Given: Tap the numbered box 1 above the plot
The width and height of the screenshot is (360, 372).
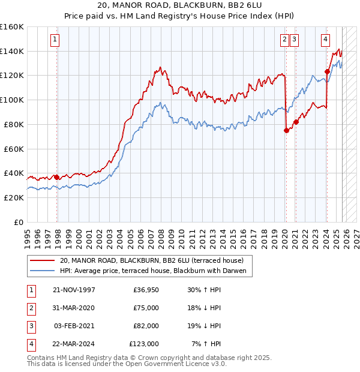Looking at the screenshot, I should [55, 40].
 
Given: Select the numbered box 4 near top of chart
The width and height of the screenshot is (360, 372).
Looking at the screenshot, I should [325, 40].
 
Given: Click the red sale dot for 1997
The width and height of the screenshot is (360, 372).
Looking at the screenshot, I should [56, 177].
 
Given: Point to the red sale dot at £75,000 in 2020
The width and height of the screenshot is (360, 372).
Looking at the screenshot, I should [286, 131].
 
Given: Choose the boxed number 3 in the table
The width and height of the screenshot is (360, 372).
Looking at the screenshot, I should [31, 326].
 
